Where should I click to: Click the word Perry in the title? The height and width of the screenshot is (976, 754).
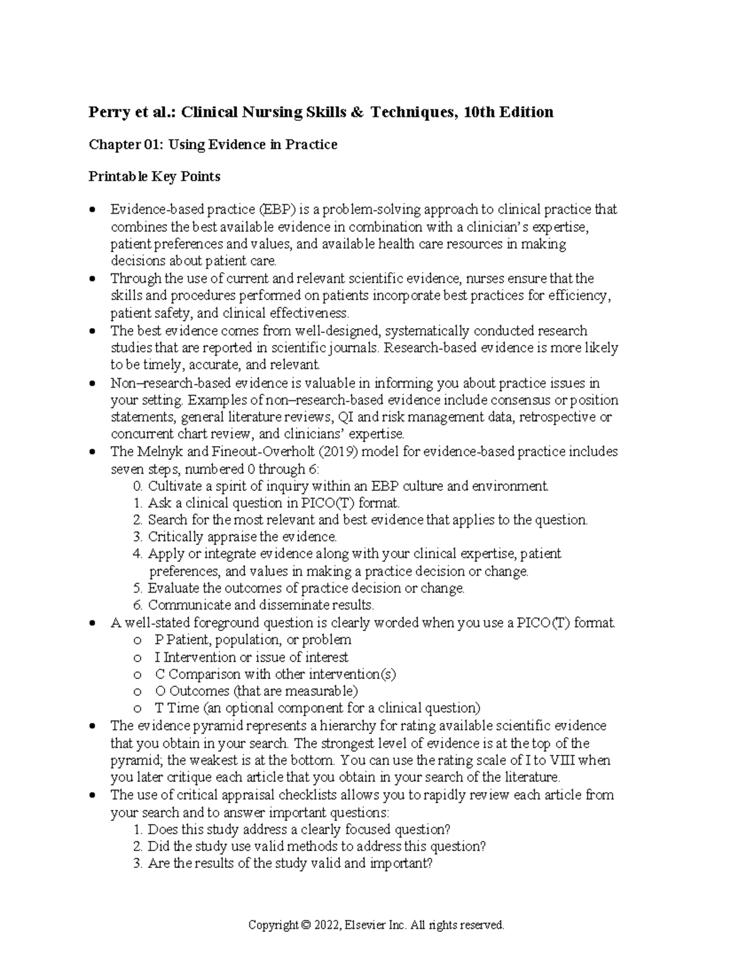tap(109, 112)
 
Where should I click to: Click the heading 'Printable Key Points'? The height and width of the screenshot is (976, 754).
tap(155, 177)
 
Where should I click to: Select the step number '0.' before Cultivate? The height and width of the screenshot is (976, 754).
tap(138, 486)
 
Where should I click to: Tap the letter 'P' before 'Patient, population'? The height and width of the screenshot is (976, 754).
tap(158, 640)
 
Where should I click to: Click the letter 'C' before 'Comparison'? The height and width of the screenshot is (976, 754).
tap(160, 674)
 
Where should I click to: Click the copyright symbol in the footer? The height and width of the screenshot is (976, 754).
tap(306, 925)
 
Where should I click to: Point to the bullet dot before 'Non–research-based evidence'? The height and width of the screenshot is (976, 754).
tap(93, 383)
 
